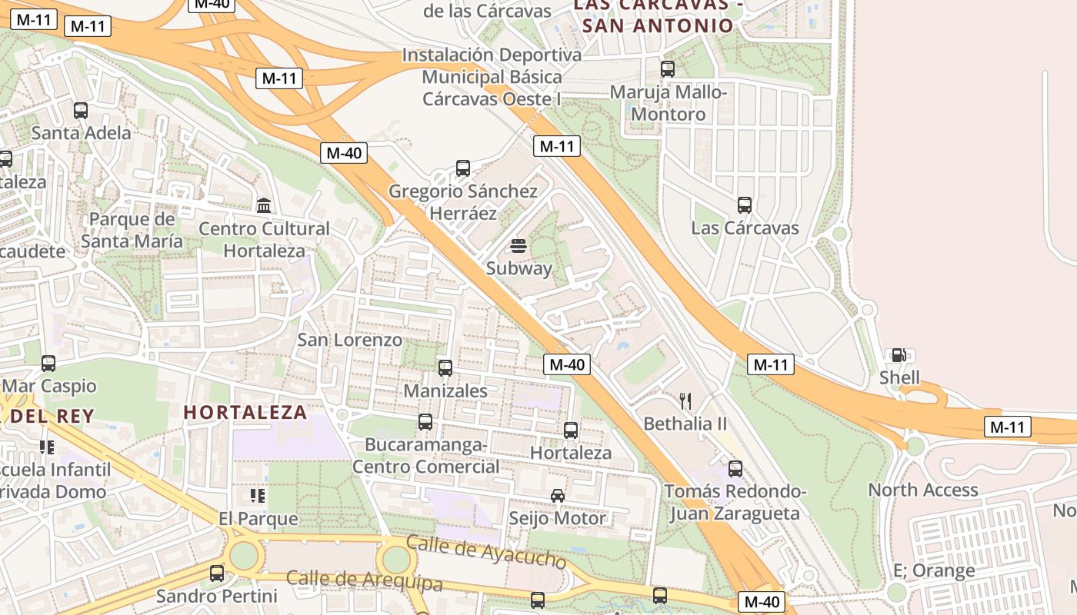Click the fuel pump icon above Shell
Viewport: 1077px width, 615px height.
(898, 355)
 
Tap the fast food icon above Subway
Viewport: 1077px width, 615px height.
(518, 246)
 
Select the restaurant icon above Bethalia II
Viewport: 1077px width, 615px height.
(685, 401)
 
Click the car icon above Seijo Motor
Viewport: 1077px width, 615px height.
(558, 496)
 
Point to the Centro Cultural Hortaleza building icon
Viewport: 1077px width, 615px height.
(264, 205)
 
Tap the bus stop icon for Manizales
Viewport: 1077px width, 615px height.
(445, 368)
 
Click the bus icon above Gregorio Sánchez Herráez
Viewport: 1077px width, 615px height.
(462, 168)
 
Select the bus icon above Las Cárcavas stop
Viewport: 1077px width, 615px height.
(744, 205)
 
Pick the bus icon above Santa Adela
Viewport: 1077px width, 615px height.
(81, 110)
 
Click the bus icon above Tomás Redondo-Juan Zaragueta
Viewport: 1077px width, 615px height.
(735, 468)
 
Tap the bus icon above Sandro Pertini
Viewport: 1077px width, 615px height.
(217, 573)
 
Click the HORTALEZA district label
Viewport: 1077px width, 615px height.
(245, 413)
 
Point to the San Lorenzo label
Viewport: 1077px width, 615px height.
(350, 340)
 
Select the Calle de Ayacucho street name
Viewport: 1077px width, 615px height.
(486, 551)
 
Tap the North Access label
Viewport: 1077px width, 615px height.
(923, 490)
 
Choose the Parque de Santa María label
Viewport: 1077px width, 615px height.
(132, 230)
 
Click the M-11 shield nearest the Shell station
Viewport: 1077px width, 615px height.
(771, 364)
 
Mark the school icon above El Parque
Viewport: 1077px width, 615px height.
(258, 496)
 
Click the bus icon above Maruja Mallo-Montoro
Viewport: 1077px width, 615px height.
(668, 69)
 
